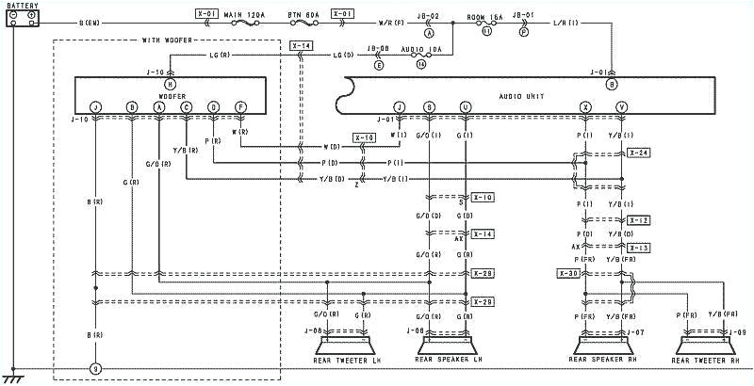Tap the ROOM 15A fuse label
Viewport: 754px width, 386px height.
(x=487, y=17)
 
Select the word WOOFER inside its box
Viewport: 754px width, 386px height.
(x=171, y=96)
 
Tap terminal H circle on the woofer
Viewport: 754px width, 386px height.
(x=171, y=84)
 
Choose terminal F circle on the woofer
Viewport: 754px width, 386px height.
(x=241, y=107)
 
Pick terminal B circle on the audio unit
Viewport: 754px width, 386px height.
(x=612, y=84)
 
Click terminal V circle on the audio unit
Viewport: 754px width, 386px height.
(x=621, y=107)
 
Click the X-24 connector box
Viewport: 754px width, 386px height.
(x=638, y=153)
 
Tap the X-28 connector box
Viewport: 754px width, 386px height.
(x=484, y=273)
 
